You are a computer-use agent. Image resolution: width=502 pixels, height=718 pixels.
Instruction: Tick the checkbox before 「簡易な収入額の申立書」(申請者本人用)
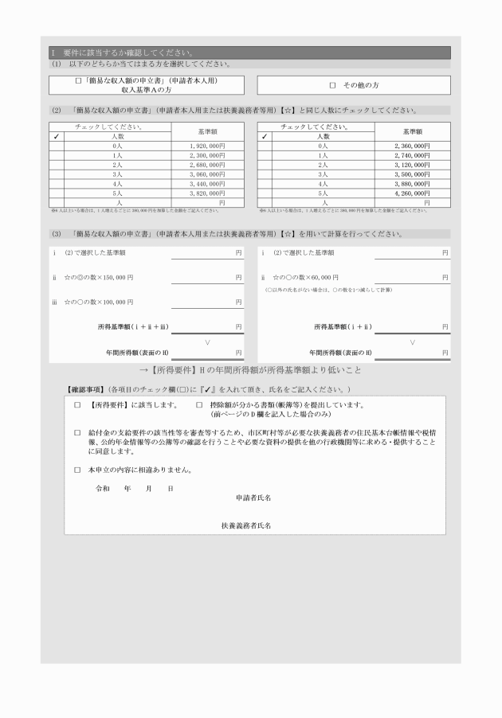tap(78, 81)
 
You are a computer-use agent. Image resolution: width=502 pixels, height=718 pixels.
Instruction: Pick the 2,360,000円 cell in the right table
tap(412, 146)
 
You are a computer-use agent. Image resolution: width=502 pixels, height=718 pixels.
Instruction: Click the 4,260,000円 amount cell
tap(412, 192)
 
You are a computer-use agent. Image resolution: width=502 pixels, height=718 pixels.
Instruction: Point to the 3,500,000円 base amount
tap(412, 174)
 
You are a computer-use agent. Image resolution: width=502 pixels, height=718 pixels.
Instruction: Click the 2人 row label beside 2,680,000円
tap(117, 165)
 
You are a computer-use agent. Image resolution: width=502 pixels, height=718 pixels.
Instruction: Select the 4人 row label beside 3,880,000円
tap(322, 183)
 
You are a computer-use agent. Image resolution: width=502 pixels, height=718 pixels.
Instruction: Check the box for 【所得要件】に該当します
tap(77, 405)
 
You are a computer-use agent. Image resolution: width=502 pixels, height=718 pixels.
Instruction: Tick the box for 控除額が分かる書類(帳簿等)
tap(200, 405)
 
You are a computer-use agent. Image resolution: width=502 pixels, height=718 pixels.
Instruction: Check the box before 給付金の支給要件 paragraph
tap(77, 433)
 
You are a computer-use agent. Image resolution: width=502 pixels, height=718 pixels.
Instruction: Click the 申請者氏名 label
tap(254, 498)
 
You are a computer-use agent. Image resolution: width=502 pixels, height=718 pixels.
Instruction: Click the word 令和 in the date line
tap(102, 488)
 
